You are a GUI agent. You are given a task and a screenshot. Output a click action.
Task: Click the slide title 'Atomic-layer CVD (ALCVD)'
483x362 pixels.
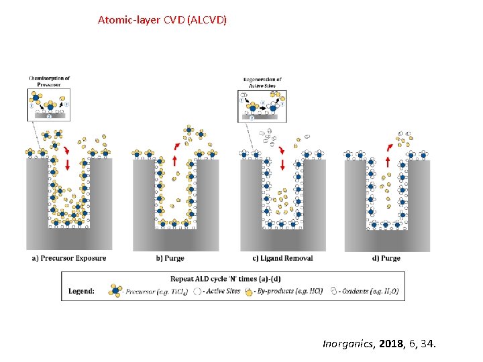click(x=162, y=20)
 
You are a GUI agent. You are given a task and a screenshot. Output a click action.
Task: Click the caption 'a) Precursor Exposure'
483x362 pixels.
click(x=69, y=258)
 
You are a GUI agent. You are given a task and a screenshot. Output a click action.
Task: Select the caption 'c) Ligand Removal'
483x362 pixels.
click(x=282, y=258)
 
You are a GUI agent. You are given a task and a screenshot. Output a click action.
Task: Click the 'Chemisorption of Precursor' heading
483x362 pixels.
click(x=49, y=81)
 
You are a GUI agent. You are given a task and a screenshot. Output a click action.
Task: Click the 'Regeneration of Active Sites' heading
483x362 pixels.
click(x=262, y=82)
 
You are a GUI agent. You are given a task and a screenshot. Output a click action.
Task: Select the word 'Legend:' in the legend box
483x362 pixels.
click(x=81, y=291)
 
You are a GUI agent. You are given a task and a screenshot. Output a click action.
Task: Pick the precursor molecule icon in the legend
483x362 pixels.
click(x=115, y=291)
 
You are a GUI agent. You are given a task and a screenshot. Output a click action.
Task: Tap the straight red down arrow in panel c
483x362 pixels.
click(x=283, y=162)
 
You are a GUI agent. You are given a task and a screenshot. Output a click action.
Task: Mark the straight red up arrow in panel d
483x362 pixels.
click(x=388, y=162)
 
